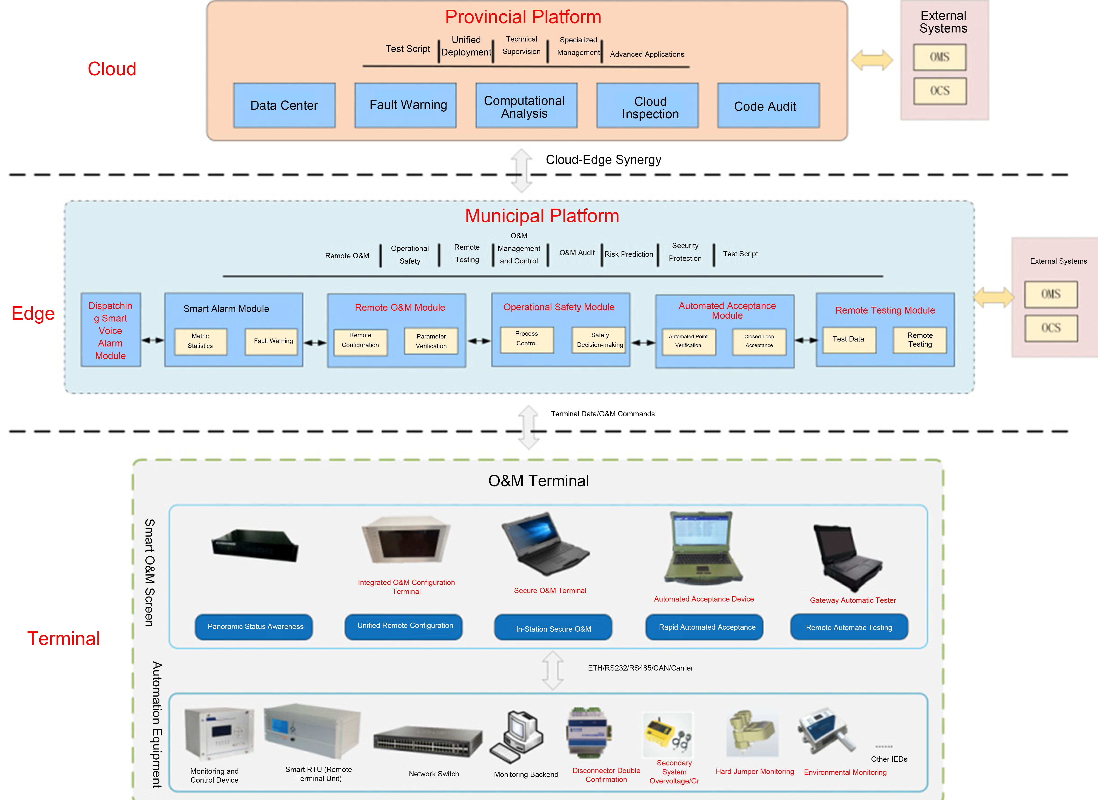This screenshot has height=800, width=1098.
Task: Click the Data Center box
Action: coord(284,106)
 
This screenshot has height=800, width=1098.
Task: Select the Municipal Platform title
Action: coord(542,216)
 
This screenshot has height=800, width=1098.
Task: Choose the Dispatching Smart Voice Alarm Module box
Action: coord(110,330)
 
